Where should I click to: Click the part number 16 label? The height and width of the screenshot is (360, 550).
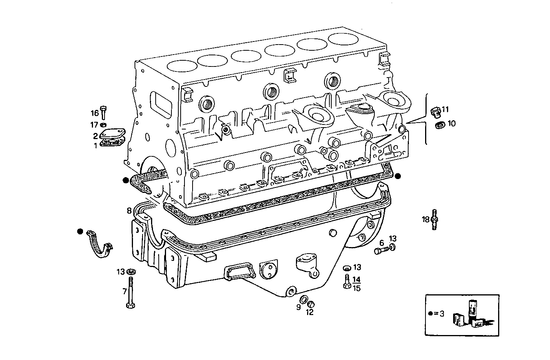pyautogui.click(x=95, y=113)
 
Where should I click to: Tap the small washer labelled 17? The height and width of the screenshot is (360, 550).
pyautogui.click(x=103, y=124)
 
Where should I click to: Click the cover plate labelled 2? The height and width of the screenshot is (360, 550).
pyautogui.click(x=112, y=135)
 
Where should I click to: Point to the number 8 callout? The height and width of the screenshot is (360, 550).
pyautogui.click(x=130, y=211)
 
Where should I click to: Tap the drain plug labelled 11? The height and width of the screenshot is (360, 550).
pyautogui.click(x=435, y=111)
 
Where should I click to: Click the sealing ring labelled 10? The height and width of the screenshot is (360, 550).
pyautogui.click(x=439, y=124)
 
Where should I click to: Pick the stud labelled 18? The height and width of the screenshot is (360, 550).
pyautogui.click(x=434, y=219)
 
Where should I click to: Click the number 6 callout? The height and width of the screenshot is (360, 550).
pyautogui.click(x=382, y=243)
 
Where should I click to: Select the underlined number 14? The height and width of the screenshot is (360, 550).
pyautogui.click(x=357, y=279)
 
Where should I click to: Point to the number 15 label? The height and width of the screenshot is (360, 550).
pyautogui.click(x=357, y=288)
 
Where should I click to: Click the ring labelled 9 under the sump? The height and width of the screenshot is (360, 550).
pyautogui.click(x=303, y=300)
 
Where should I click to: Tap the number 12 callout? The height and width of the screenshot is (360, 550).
pyautogui.click(x=309, y=312)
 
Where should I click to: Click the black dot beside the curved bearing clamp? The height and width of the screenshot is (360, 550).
pyautogui.click(x=80, y=231)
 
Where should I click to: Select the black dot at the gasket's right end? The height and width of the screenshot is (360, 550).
pyautogui.click(x=398, y=176)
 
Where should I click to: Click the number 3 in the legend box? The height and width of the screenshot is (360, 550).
pyautogui.click(x=442, y=314)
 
